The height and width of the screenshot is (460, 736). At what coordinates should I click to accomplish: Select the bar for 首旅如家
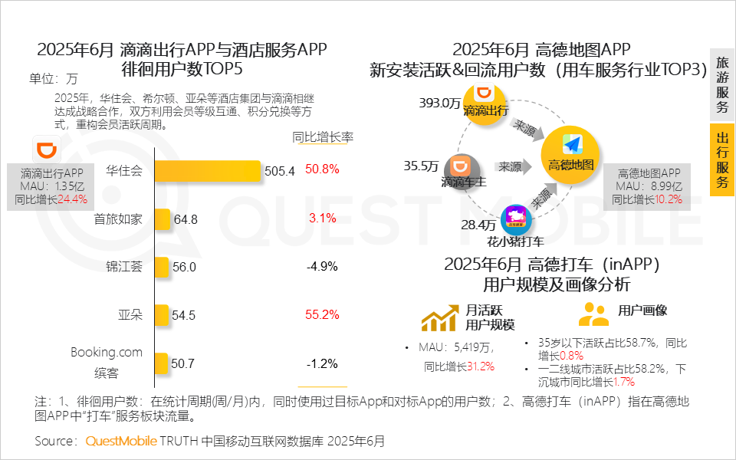pyautogui.click(x=162, y=219)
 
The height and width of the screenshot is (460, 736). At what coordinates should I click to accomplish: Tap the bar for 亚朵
pyautogui.click(x=162, y=315)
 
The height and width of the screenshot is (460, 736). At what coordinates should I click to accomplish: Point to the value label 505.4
pyautogui.click(x=279, y=171)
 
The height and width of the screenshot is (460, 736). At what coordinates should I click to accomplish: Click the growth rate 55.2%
pyautogui.click(x=321, y=314)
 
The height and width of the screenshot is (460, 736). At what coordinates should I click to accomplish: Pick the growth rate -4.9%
pyautogui.click(x=321, y=267)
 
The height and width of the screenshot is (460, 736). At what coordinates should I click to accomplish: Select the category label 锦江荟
pyautogui.click(x=124, y=267)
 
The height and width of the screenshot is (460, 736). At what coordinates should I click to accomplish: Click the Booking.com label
pyautogui.click(x=107, y=353)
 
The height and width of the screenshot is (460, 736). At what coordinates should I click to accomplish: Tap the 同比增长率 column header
pyautogui.click(x=323, y=137)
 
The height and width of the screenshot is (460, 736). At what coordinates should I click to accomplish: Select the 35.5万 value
pyautogui.click(x=421, y=166)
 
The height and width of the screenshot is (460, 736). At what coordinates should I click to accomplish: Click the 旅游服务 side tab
pyautogui.click(x=721, y=85)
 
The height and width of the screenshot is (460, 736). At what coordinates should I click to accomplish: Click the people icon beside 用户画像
pyautogui.click(x=593, y=314)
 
